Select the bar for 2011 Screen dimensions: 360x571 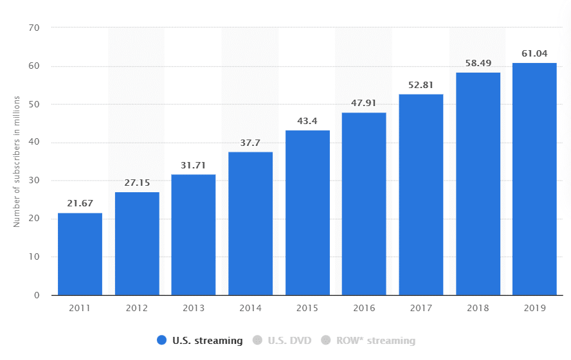80,254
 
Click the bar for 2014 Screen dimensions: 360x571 251,224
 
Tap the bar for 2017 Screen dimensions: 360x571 421,195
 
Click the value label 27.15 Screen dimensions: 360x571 137,183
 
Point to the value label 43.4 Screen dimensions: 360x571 307,121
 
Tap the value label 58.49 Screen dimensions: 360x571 478,63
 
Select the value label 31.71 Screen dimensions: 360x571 194,165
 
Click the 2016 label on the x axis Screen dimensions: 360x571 364,308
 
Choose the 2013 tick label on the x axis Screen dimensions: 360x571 194,308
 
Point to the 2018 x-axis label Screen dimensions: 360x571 478,308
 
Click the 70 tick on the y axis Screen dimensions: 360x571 34,28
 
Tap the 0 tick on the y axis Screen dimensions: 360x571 37,296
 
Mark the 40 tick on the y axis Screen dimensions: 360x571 34,143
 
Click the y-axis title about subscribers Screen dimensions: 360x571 17,161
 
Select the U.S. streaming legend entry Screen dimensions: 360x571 206,341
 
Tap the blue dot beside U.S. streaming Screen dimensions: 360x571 161,341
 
